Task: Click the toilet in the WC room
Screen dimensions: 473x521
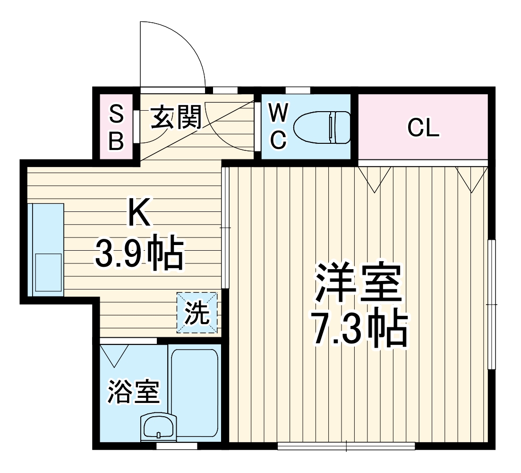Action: coord(322,127)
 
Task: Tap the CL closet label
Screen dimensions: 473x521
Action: coord(423,128)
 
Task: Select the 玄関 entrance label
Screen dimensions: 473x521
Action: coord(176,117)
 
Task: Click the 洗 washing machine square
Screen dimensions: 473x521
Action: coord(197,312)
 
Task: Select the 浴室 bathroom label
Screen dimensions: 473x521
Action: coord(133,391)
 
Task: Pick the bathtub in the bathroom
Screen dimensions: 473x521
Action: coord(194,393)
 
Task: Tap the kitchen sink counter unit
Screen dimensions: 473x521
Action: coord(45,249)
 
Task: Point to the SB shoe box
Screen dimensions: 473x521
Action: coord(116,127)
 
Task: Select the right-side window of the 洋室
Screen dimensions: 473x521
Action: coord(492,304)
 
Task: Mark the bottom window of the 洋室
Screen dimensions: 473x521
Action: coord(346,445)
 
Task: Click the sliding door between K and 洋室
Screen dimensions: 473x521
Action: coord(225,227)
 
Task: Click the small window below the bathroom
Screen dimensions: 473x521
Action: coord(176,446)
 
